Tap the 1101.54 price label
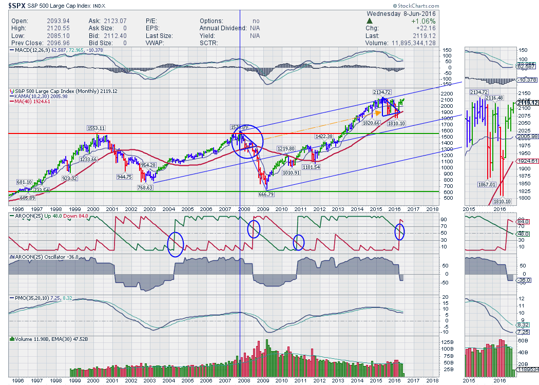[x=311, y=167]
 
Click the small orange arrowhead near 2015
[x=378, y=112]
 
